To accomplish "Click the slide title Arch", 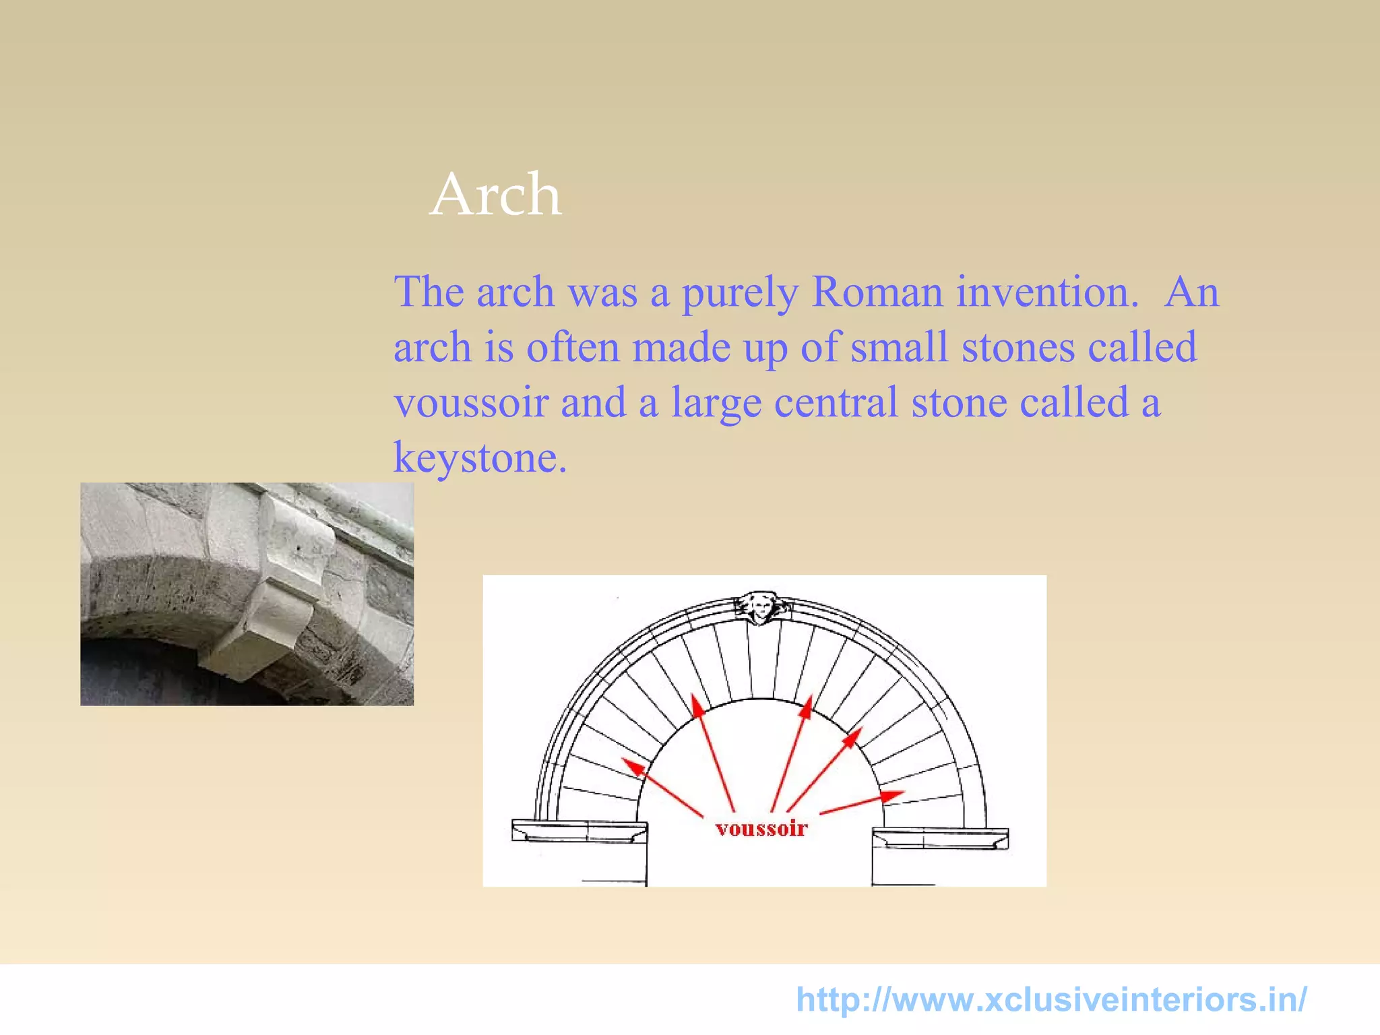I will click(495, 195).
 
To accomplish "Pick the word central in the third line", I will click(836, 403).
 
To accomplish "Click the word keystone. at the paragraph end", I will click(480, 458).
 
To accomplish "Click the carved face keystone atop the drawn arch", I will click(761, 607).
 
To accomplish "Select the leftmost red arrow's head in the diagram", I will click(632, 765).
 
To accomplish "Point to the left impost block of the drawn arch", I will click(578, 831).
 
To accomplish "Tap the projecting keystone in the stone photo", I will click(283, 586).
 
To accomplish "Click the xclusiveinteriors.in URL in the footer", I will click(1051, 999).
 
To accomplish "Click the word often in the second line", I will click(573, 348).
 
